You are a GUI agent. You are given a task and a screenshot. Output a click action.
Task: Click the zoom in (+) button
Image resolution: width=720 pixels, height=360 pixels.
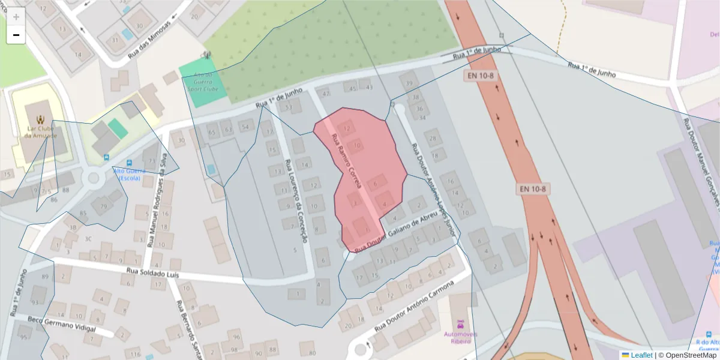(16, 17)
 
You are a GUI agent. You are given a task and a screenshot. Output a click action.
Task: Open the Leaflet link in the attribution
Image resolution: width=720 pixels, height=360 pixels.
(641, 355)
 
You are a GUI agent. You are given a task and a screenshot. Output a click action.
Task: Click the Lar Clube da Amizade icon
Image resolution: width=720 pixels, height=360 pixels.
(40, 118)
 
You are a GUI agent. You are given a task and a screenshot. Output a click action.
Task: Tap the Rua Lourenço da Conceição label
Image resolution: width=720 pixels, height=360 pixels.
(296, 201)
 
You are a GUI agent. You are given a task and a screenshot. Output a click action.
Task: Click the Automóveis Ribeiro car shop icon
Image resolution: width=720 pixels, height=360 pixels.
(460, 322)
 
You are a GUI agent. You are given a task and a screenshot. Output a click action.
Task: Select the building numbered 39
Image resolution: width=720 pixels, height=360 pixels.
(410, 83)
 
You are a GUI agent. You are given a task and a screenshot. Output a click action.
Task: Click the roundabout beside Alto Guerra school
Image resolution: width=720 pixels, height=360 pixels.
(93, 177)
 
